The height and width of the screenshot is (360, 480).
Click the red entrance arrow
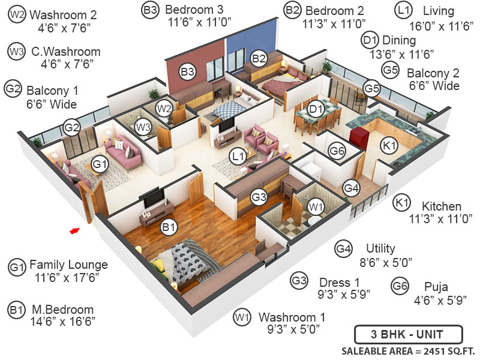point(74,229)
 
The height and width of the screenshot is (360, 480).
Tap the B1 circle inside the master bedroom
point(169,227)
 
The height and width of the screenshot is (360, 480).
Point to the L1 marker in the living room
point(238,157)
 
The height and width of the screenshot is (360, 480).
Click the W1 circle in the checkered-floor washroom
point(315,206)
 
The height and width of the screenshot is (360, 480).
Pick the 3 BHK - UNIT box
point(408,334)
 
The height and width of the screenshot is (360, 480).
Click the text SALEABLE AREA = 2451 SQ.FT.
point(408,350)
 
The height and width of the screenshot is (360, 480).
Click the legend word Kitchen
point(441,206)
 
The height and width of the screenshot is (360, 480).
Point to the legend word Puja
point(436,286)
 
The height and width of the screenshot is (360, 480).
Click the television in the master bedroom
point(153,197)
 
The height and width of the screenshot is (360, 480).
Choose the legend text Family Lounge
point(68,265)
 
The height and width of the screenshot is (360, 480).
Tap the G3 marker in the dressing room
point(259,196)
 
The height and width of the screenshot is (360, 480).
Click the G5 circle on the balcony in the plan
point(372,89)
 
